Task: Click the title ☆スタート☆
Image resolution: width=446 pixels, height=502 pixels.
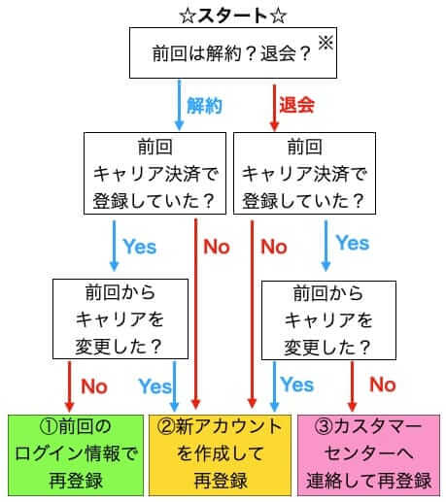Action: click(233, 16)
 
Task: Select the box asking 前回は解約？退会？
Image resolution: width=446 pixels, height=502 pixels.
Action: click(233, 52)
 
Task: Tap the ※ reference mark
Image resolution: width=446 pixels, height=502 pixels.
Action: click(326, 43)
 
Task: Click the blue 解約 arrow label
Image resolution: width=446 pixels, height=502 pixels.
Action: click(204, 106)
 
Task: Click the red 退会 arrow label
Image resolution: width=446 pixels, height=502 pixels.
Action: click(296, 105)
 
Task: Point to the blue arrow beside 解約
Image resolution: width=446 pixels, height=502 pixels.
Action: click(179, 105)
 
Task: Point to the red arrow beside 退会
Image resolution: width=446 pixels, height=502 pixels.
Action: click(274, 108)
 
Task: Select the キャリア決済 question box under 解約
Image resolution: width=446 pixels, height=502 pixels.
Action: click(154, 173)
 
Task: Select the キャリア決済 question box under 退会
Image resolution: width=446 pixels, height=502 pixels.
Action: click(304, 173)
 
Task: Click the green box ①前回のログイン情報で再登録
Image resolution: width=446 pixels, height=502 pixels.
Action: click(76, 455)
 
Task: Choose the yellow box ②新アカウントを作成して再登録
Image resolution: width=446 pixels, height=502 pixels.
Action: click(220, 455)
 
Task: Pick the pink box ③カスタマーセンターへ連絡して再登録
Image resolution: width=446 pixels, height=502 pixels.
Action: click(368, 455)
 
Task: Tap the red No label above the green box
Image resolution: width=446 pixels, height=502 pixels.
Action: click(94, 386)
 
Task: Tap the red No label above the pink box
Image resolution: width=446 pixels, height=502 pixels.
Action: click(383, 385)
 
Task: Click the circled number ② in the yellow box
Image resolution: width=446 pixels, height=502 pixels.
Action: click(166, 427)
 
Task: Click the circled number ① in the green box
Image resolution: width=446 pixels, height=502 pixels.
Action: click(49, 427)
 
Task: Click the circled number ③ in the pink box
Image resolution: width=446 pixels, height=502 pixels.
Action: click(324, 427)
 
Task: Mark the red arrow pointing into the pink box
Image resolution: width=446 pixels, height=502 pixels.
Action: click(352, 386)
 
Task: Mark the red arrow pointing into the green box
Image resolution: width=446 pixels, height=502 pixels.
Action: click(69, 386)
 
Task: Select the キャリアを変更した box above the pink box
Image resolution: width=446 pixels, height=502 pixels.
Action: click(328, 320)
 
